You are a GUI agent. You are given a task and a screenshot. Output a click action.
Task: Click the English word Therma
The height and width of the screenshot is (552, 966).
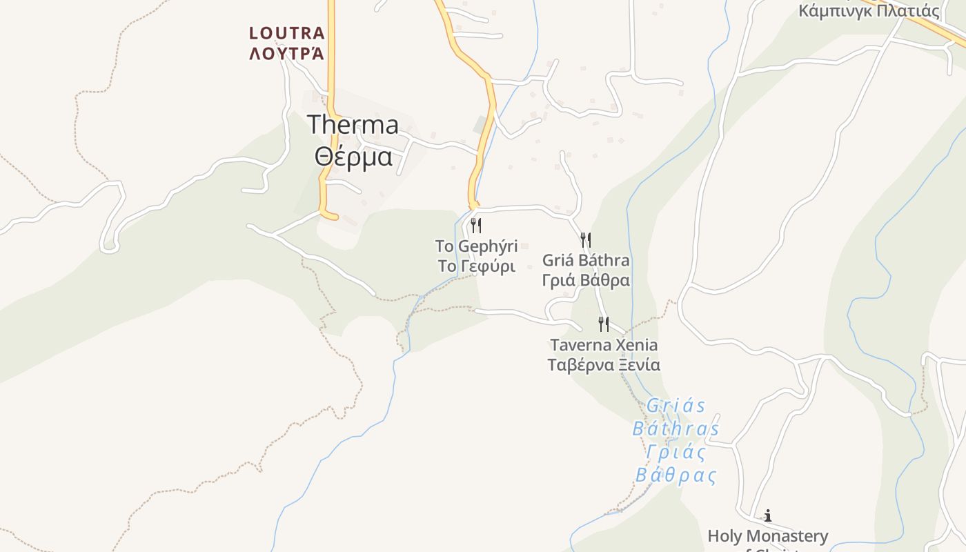point(353,125)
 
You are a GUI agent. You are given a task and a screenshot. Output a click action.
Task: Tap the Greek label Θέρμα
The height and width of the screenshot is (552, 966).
point(353,156)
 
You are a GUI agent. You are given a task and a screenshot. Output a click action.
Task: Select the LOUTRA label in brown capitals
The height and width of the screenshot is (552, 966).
point(286,33)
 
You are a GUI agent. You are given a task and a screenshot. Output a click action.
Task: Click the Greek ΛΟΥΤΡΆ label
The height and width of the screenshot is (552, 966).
point(286,54)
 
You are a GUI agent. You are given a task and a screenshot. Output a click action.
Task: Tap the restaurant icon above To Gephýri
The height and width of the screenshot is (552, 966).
point(475,226)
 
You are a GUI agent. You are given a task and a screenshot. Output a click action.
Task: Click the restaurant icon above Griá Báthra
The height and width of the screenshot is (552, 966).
point(586,240)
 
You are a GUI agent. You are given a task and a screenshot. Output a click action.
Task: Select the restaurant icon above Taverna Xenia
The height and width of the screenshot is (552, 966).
point(604,324)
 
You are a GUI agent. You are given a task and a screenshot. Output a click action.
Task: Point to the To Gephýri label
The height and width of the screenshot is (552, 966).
point(476,246)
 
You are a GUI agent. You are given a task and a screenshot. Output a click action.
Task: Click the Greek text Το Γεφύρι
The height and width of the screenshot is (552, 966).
point(476,266)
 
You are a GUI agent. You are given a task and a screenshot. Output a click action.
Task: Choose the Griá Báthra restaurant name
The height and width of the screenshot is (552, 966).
point(586,261)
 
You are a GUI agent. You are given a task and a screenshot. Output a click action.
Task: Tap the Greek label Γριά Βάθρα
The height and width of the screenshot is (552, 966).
point(586,281)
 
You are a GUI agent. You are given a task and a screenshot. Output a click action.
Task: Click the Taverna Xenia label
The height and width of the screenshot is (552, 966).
point(604,344)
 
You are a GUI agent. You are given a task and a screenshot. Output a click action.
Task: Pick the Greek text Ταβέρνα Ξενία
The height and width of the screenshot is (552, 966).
point(604,365)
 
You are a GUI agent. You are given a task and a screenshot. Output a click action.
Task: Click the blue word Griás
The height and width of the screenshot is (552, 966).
point(676,406)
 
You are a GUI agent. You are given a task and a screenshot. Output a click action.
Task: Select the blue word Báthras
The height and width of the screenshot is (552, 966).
point(676,429)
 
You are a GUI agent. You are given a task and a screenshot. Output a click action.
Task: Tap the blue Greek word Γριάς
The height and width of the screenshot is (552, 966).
point(676,453)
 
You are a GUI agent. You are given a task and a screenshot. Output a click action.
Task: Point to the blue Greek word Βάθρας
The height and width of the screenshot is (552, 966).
point(676,476)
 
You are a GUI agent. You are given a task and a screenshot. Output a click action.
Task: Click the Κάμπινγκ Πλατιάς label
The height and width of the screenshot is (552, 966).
point(869,11)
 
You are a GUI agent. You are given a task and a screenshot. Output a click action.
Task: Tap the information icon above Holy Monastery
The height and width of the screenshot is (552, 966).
point(767,515)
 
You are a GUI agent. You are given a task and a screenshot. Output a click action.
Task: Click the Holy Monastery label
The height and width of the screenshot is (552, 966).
point(767,536)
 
